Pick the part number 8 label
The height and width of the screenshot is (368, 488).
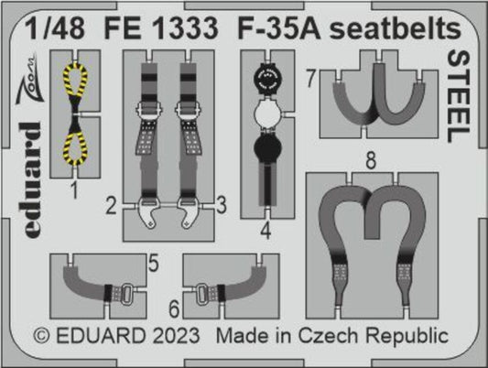(370, 161)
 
